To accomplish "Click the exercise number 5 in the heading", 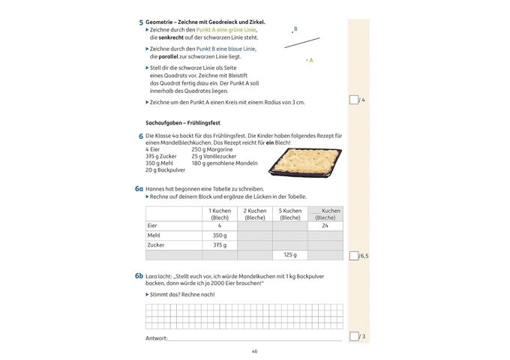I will (x=141, y=23).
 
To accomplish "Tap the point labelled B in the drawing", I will (x=292, y=33).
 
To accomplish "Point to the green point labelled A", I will (x=307, y=59).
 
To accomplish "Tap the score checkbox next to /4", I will (x=354, y=100).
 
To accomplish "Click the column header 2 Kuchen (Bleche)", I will (x=254, y=214).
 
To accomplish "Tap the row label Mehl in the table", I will (x=153, y=235).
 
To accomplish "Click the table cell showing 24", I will (x=325, y=225).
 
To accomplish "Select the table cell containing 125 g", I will (x=289, y=255).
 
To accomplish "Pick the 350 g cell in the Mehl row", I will (x=220, y=235).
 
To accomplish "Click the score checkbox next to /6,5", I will (x=354, y=256).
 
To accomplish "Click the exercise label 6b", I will (x=139, y=276).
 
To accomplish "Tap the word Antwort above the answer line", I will (x=156, y=338).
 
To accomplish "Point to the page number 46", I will (x=254, y=351).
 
